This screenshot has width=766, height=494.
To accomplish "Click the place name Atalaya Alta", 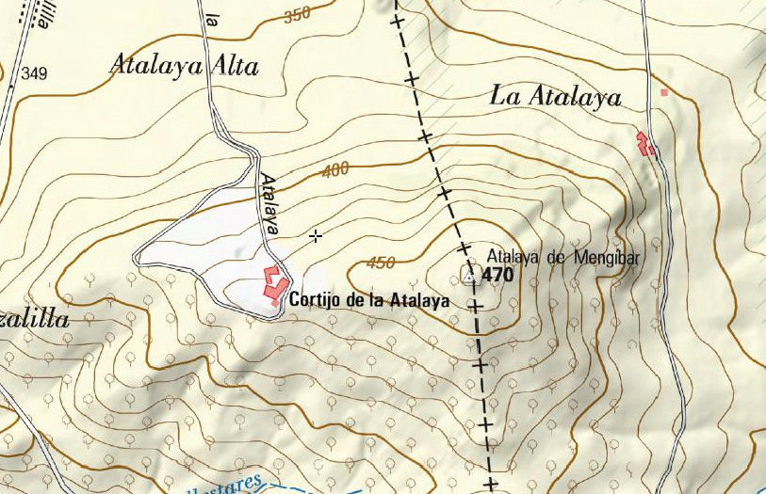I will tap(184, 65).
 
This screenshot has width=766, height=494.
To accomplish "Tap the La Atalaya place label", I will tap(556, 96).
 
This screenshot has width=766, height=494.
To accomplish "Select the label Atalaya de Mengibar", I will tap(562, 256).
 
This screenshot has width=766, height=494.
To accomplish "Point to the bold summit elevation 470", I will tap(497, 276).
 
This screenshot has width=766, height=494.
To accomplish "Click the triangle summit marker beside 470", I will tap(469, 276).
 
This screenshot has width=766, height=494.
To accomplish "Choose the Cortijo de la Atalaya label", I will tap(368, 301).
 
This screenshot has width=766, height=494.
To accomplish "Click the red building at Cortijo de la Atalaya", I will tap(274, 285).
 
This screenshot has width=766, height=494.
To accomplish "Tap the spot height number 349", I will tap(34, 73).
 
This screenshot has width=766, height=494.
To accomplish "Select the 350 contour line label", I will tap(296, 15).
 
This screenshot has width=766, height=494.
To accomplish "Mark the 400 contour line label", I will tap(334, 170).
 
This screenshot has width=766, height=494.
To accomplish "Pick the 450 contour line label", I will tap(381, 263).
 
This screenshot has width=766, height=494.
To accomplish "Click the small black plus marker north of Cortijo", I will tap(316, 235).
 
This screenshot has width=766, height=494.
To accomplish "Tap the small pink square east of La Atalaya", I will tap(664, 92).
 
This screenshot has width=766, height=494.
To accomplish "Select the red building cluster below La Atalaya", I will tap(645, 144).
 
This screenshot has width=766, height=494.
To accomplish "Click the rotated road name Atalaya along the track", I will tap(271, 203).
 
